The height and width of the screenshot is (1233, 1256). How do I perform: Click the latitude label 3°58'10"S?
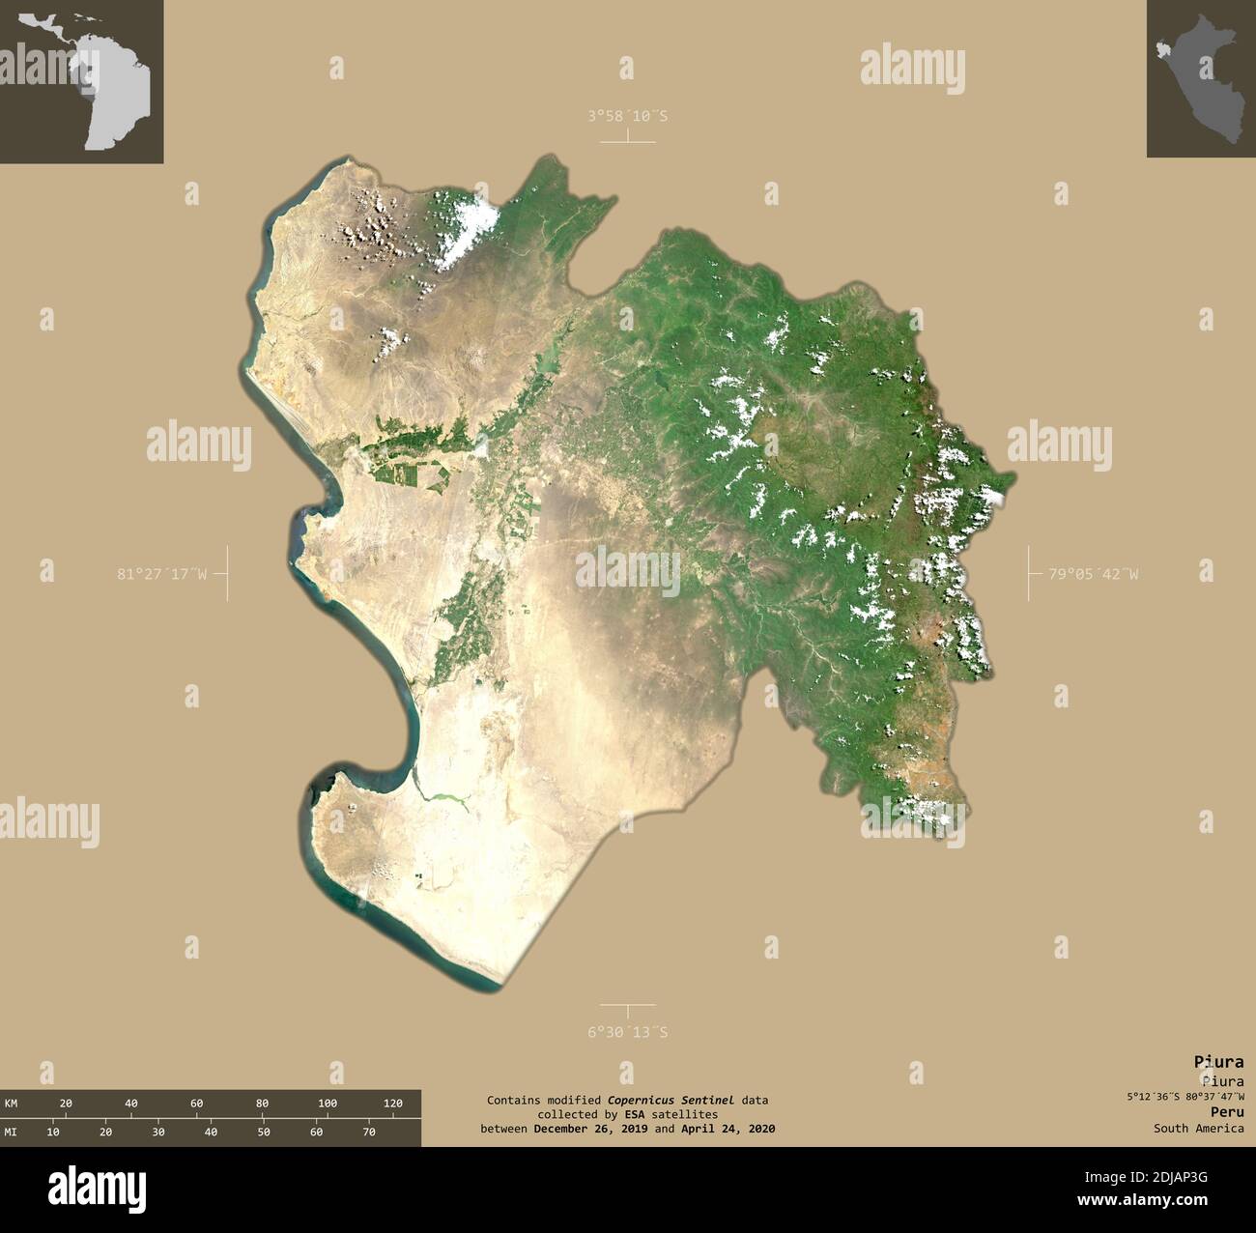coord(628,116)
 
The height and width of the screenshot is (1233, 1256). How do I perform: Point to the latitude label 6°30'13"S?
coord(628,1032)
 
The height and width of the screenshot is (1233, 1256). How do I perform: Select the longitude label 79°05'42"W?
coord(1094,574)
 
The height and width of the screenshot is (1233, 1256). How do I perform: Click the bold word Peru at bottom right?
coord(1227,1112)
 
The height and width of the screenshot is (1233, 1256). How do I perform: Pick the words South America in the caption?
coord(1198,1128)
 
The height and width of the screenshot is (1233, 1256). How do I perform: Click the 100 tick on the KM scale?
coord(328,1104)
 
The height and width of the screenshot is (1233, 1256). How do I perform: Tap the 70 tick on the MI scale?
coord(369,1132)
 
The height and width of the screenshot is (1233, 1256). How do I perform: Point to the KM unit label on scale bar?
coord(11,1104)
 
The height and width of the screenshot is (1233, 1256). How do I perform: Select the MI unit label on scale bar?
coord(11,1132)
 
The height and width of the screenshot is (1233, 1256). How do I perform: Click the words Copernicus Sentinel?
coord(671,1100)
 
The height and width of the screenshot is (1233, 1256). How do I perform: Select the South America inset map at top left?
coord(81,81)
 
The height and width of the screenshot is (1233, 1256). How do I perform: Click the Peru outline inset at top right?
coord(1201,78)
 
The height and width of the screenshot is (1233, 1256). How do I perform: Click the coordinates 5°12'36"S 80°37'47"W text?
coord(1184,1097)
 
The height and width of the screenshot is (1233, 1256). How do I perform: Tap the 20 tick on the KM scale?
coord(66,1104)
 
